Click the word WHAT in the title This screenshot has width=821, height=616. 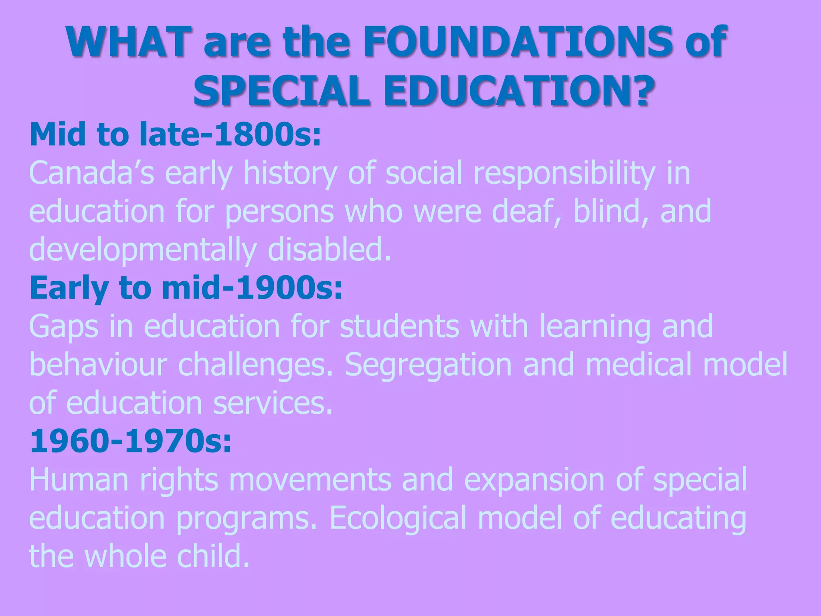tap(128, 42)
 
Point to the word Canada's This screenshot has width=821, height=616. tap(92, 173)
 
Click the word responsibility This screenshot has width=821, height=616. tap(564, 173)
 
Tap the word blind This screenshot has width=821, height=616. tap(607, 211)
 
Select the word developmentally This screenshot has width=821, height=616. tap(143, 250)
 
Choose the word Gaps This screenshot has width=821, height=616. tap(64, 326)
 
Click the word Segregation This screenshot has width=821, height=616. tap(428, 365)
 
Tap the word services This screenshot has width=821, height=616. tap(273, 403)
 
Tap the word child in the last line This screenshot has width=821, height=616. tap(213, 556)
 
